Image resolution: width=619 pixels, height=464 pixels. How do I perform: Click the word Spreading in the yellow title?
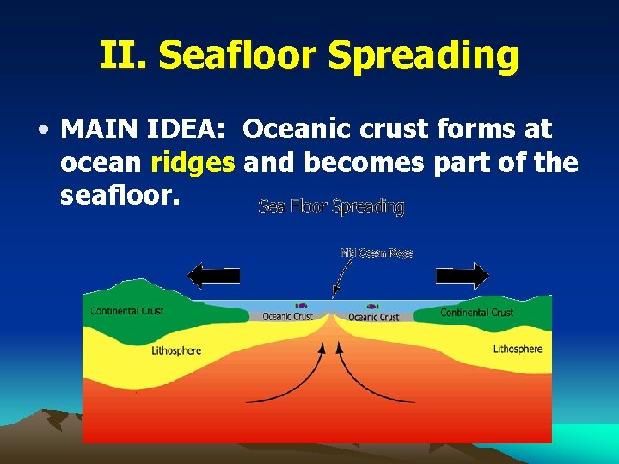423,57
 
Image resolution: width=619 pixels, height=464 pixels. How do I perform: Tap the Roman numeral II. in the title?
124,55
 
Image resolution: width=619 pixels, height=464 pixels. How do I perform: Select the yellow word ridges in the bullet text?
192,162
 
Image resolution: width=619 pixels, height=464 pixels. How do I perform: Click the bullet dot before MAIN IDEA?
42,131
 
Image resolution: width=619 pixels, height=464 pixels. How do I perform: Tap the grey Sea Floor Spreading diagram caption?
331,207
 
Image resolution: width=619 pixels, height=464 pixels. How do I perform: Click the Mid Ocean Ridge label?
377,253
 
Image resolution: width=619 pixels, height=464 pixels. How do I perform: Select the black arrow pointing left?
213,276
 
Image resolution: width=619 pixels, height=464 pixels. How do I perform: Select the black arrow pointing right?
463,276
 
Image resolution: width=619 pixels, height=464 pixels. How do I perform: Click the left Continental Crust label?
127,310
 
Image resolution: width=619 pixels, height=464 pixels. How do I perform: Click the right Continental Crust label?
476,312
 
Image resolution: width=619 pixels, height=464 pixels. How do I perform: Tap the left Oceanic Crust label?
287,316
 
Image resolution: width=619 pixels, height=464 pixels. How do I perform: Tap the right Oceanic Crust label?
374,316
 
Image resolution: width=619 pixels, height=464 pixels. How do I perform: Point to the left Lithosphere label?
176,351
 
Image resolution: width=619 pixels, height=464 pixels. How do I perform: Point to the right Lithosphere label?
518,349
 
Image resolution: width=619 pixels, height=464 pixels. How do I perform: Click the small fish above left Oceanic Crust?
301,305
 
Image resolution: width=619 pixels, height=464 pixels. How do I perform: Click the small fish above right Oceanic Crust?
372,305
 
